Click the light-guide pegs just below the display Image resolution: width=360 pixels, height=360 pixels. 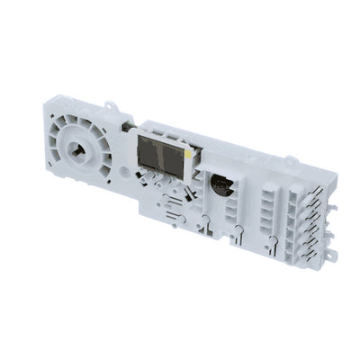167,185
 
